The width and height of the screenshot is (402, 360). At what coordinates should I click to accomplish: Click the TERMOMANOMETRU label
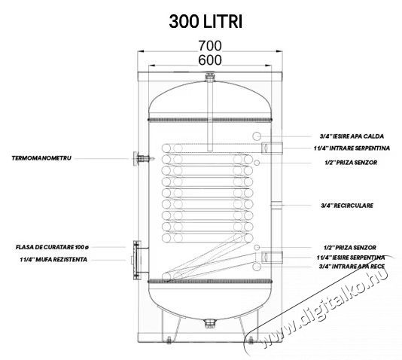point(43,159)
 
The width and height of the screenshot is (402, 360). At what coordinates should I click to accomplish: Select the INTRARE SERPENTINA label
point(352,148)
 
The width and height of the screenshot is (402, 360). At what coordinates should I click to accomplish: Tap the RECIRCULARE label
point(346,204)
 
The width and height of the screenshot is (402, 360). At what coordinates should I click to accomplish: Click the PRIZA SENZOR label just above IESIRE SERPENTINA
point(348,248)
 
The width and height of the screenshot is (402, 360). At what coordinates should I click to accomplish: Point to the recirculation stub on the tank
point(277,204)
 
